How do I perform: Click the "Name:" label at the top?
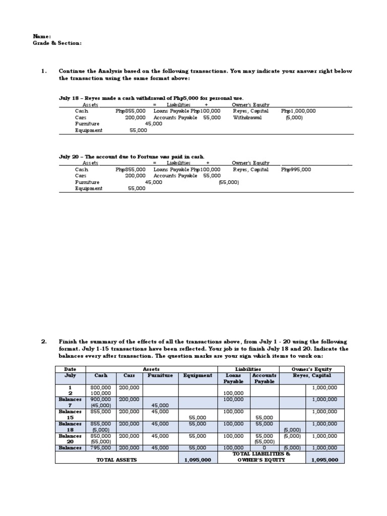pos(42,36)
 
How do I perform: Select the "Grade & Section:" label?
pos(57,43)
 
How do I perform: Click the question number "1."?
pos(44,71)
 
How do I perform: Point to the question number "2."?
pos(44,341)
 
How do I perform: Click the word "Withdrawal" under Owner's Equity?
pos(247,117)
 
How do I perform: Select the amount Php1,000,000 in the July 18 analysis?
pos(298,111)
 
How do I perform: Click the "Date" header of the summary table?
pos(70,369)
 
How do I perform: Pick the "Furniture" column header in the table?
pos(160,375)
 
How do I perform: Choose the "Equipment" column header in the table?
pos(198,375)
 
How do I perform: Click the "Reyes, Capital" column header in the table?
pos(312,375)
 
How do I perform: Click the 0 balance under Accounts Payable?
pos(265,447)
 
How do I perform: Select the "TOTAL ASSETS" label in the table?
pos(116,460)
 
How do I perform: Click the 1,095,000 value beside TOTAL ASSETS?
pos(198,460)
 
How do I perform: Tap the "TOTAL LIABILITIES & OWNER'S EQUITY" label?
pos(261,457)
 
